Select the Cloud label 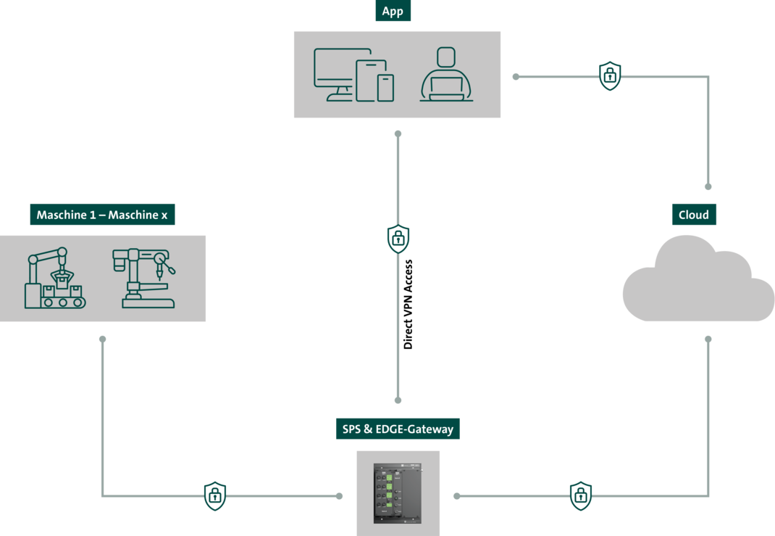point(693,215)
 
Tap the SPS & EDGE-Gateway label point(398,429)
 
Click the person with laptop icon point(446,75)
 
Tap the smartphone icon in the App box point(385,88)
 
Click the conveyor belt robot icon point(54,279)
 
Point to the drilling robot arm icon point(145,279)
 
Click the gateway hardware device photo point(398,493)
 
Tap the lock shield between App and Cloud point(610,75)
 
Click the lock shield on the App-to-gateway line point(398,239)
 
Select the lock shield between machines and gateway point(214,496)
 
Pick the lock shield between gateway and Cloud point(580,496)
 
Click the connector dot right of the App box point(516,76)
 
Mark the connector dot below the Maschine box point(103,339)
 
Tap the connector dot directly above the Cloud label point(708,186)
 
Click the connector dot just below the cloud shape point(708,339)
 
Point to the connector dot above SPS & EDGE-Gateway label point(398,400)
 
